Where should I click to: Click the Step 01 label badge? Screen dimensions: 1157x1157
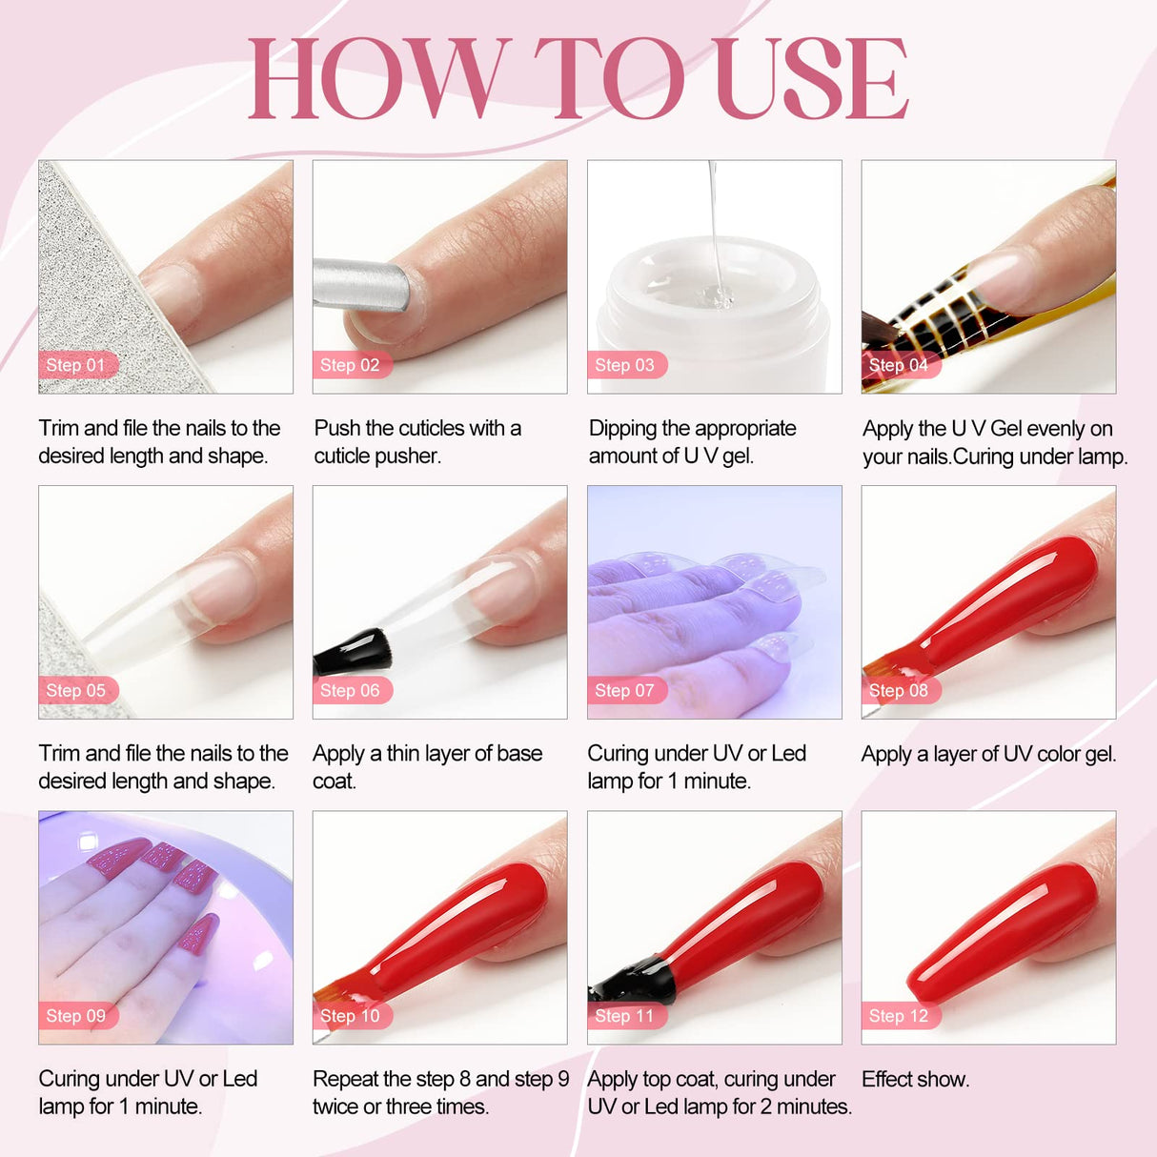tap(76, 365)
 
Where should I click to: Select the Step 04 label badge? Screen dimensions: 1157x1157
tap(899, 365)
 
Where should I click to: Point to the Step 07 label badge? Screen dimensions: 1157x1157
tap(625, 690)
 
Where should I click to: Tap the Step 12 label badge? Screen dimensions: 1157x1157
tap(899, 1016)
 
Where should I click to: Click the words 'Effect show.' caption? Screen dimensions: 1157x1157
tap(915, 1079)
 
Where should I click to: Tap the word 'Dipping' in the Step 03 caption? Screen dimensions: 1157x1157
tap(622, 429)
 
